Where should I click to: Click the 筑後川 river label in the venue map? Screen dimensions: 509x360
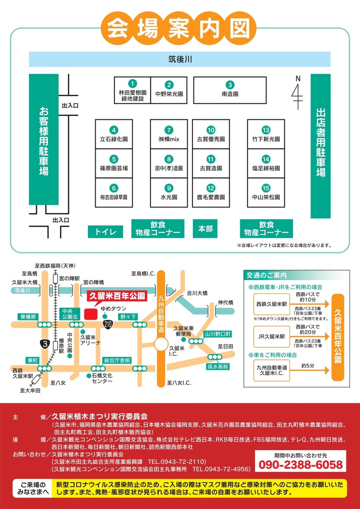tap(180, 59)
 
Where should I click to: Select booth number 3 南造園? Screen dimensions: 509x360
tap(230, 90)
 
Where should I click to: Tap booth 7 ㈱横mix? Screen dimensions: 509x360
tap(169, 134)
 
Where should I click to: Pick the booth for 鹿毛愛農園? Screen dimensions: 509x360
tap(211, 193)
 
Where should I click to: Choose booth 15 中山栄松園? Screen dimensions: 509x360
tap(266, 193)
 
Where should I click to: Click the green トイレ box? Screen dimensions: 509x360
tap(106, 232)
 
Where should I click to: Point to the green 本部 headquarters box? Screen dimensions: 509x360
tap(205, 228)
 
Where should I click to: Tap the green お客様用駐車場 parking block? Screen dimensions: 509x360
tap(44, 140)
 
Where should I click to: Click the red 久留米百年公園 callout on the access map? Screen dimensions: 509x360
tap(117, 296)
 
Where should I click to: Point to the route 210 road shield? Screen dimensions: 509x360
tap(108, 324)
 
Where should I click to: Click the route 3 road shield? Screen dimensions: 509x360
tap(45, 343)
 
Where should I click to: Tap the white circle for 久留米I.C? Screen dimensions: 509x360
tap(161, 344)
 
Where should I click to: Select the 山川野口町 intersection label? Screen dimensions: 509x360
tap(218, 334)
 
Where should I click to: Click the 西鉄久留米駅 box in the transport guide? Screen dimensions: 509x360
tap(271, 304)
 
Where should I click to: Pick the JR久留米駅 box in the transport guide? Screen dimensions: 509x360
tap(271, 336)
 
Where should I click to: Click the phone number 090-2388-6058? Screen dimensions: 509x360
tap(300, 465)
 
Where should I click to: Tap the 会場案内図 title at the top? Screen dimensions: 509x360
tap(179, 28)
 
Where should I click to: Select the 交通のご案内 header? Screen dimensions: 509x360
tap(267, 275)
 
